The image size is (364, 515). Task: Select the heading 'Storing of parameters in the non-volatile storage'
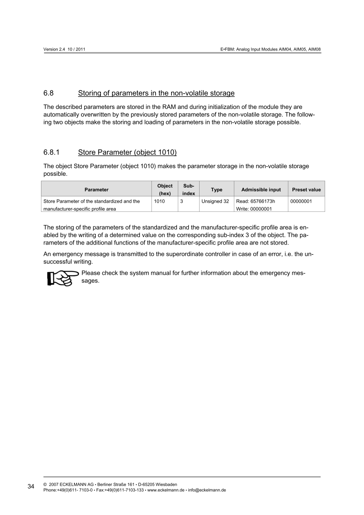click(x=156, y=93)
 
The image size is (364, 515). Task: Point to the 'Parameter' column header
click(x=96, y=190)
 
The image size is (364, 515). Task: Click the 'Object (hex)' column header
click(x=164, y=190)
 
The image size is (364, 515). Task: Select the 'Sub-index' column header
click(x=188, y=190)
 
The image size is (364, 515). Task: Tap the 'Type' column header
click(x=217, y=190)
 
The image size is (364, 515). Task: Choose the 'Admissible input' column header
click(x=261, y=190)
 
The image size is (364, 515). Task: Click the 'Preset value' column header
click(x=306, y=190)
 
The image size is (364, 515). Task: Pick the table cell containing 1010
click(x=159, y=201)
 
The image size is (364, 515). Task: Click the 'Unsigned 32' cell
click(x=215, y=201)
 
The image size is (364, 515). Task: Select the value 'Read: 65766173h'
click(x=256, y=201)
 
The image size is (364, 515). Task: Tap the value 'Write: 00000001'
click(x=254, y=209)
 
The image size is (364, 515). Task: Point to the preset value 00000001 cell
click(x=301, y=201)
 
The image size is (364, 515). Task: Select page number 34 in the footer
click(x=31, y=487)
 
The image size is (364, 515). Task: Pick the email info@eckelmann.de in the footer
click(x=207, y=490)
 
